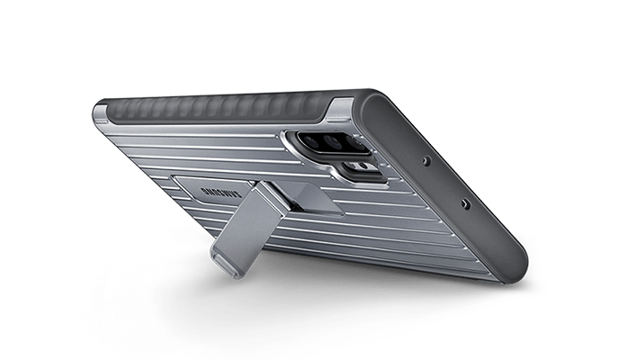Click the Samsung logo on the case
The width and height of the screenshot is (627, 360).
pos(221,193)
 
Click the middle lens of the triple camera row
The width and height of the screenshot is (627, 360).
pos(332,142)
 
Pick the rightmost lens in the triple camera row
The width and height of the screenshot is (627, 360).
pos(354,144)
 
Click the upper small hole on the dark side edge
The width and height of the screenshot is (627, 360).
pos(427,161)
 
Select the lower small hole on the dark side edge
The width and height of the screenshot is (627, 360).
pos(465,203)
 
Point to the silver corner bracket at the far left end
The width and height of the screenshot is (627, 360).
pos(102,112)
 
